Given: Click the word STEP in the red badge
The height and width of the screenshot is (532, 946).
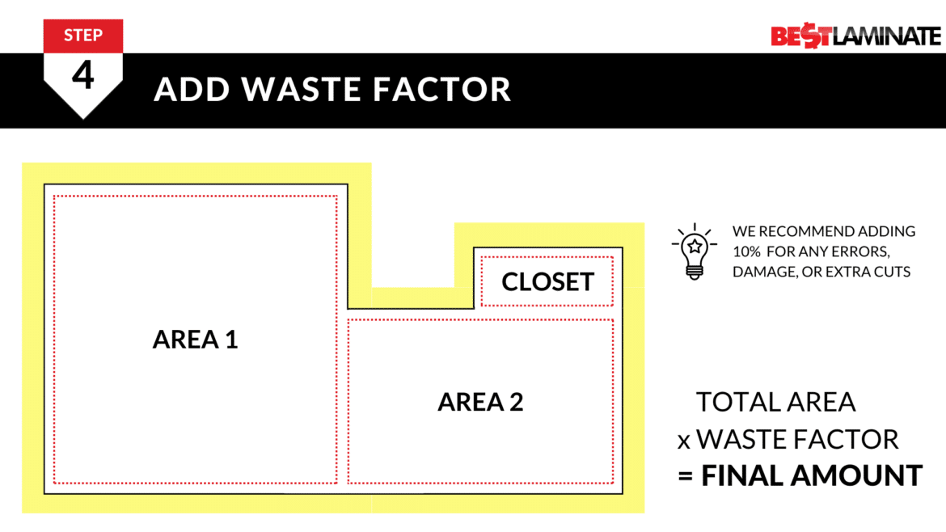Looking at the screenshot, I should point(83,35).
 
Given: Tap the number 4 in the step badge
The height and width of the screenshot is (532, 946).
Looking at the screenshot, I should point(83,75).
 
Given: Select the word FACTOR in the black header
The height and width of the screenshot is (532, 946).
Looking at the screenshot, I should point(442,89).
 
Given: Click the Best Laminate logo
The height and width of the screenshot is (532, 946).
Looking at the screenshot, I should point(855,36).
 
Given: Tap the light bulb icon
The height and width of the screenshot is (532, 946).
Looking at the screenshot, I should point(692,251).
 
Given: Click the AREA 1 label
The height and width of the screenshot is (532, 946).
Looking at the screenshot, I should point(195,340).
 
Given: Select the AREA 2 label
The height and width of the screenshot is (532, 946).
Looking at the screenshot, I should point(480,402).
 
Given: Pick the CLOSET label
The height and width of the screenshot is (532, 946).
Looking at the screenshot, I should point(547,281).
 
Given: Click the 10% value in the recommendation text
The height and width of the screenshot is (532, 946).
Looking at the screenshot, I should point(749,251).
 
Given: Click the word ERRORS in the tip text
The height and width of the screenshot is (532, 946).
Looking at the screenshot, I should point(872,251).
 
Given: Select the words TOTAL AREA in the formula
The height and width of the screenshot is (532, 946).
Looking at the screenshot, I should point(775,402).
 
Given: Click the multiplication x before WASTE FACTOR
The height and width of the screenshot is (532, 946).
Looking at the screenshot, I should point(684,441).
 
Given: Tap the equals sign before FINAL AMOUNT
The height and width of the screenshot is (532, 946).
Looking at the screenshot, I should point(686,476).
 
